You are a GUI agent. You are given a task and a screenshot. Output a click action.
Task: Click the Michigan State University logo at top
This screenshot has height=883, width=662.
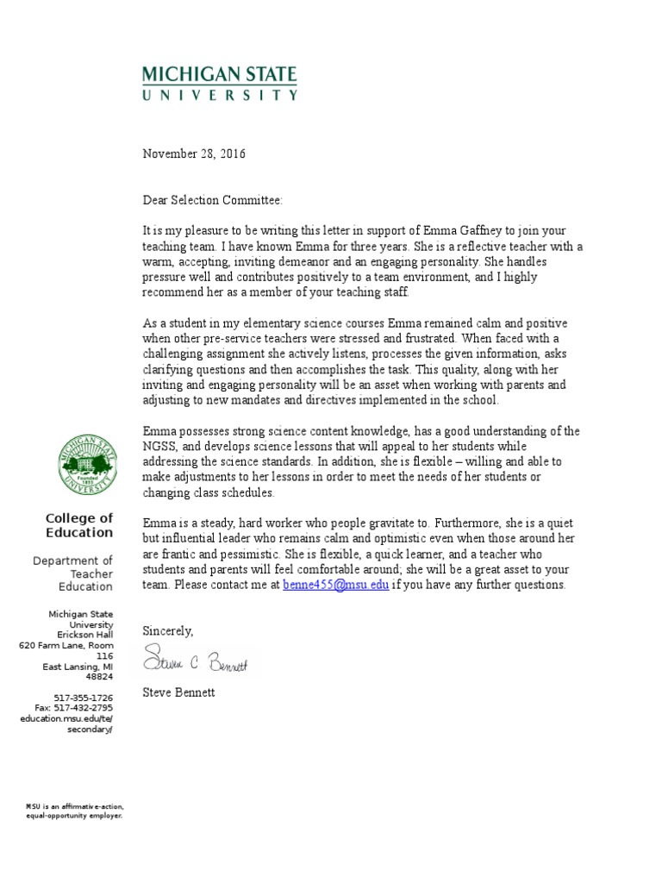[220, 84]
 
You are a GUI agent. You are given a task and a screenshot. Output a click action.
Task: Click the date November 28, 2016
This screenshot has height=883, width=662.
[194, 154]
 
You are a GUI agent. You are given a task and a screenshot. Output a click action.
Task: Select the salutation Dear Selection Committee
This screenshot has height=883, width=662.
[212, 200]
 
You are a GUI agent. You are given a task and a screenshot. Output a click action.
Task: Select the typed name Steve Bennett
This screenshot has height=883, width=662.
[178, 692]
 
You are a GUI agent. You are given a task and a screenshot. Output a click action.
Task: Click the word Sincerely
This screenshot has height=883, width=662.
[168, 630]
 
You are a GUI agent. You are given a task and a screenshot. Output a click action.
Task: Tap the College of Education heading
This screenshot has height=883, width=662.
[79, 525]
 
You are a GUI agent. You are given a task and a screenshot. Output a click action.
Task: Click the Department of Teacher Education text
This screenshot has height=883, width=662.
[74, 573]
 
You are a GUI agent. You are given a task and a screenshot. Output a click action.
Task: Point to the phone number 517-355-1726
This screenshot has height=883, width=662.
[84, 697]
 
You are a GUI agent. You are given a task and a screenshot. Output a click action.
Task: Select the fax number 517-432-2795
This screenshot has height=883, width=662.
[73, 707]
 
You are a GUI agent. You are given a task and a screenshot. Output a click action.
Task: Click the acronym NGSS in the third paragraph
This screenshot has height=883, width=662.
[159, 446]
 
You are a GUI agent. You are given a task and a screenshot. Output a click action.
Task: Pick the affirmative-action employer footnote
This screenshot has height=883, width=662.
[74, 810]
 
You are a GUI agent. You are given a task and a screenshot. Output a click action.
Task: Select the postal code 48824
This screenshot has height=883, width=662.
[98, 677]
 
